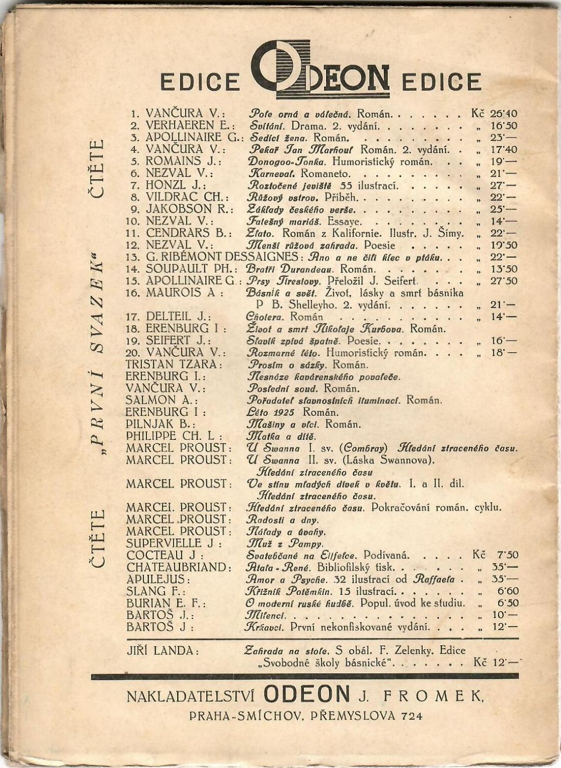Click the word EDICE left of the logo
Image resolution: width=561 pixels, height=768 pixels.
click(x=200, y=82)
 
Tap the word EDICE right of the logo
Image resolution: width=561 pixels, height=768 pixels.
click(x=442, y=82)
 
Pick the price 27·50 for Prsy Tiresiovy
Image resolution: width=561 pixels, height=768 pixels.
click(x=504, y=281)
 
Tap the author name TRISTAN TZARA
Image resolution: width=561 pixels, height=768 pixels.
click(x=174, y=365)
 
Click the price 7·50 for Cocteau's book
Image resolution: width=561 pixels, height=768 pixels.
click(x=507, y=555)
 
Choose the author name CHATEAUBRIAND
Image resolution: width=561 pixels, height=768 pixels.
click(x=177, y=567)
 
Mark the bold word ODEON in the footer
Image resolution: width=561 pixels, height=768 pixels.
click(x=307, y=694)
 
